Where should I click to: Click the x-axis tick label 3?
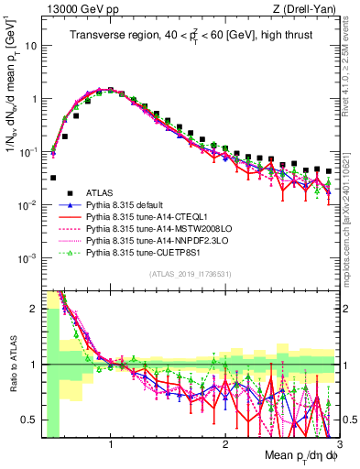click(338, 443)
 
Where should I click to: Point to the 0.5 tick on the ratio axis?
click(29, 420)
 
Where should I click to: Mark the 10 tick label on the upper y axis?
click(29, 45)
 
